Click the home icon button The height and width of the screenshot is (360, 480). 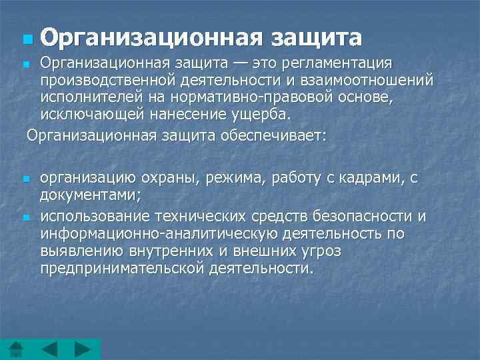[16, 349]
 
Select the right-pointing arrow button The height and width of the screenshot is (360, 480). [82, 349]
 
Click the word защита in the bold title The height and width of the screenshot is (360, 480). [317, 37]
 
